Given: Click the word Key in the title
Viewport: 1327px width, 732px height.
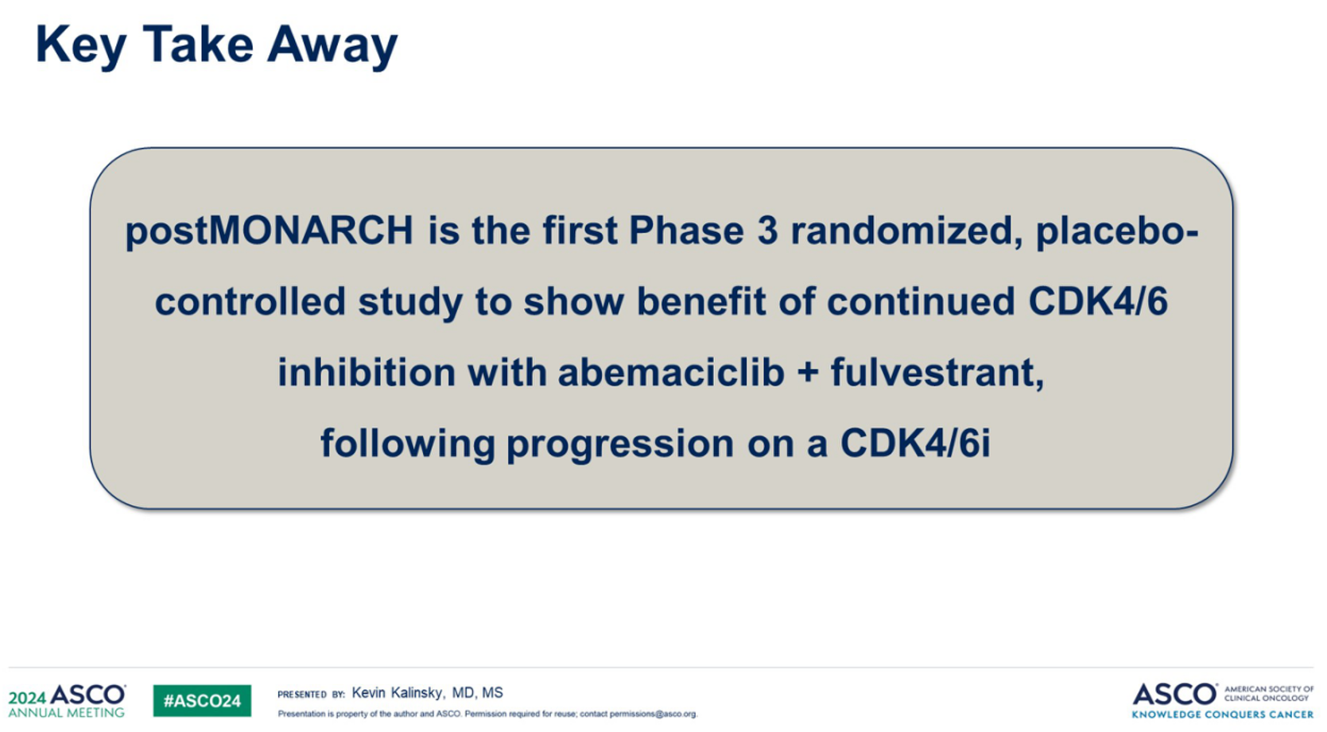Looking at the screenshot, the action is tap(80, 46).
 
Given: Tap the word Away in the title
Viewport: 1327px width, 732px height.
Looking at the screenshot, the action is tap(332, 46).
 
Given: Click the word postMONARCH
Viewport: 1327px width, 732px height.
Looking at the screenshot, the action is tap(269, 231).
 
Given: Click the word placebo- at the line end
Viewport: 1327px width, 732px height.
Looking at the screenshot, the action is tap(1117, 231).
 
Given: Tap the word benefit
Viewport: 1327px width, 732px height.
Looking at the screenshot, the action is tap(700, 301).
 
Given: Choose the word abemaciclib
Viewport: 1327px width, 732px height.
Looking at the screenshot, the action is tap(671, 372).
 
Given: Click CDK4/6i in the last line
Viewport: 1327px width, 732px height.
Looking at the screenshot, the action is tap(915, 443).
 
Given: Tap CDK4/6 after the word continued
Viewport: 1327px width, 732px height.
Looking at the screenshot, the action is tap(1098, 301).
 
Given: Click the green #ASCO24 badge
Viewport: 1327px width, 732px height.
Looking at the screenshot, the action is tap(202, 701).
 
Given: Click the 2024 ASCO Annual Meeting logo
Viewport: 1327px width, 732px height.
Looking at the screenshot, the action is tap(67, 701).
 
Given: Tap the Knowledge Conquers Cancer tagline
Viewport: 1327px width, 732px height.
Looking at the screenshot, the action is tap(1223, 715).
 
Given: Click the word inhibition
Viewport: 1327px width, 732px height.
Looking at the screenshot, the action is tap(366, 372).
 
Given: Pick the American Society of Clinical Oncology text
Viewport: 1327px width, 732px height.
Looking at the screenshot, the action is tap(1269, 694).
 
